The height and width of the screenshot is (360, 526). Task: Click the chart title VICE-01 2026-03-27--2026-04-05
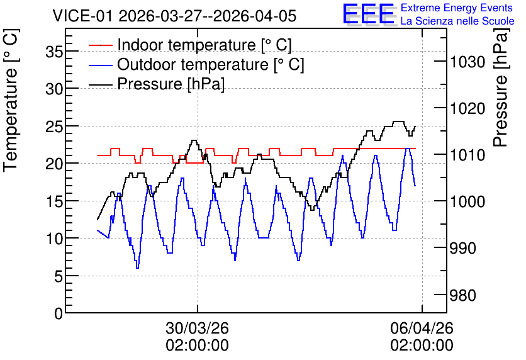(174, 16)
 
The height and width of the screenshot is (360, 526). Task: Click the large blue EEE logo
(369, 14)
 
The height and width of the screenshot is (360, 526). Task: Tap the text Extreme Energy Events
(457, 8)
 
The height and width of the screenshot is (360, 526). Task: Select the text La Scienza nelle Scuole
(457, 21)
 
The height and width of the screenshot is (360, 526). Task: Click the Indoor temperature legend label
(204, 45)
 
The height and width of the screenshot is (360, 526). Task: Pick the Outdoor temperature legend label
(210, 64)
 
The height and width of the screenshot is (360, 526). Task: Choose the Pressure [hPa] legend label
(171, 84)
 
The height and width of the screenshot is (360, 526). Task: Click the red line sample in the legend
(100, 45)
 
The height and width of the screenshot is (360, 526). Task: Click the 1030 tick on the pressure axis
(467, 62)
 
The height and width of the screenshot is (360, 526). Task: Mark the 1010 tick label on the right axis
(467, 155)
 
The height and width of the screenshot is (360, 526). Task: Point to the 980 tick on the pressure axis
(462, 296)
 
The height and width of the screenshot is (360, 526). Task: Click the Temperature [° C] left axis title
(11, 101)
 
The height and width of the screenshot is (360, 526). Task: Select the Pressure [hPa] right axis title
(501, 87)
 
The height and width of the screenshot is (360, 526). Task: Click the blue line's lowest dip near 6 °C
(137, 267)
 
